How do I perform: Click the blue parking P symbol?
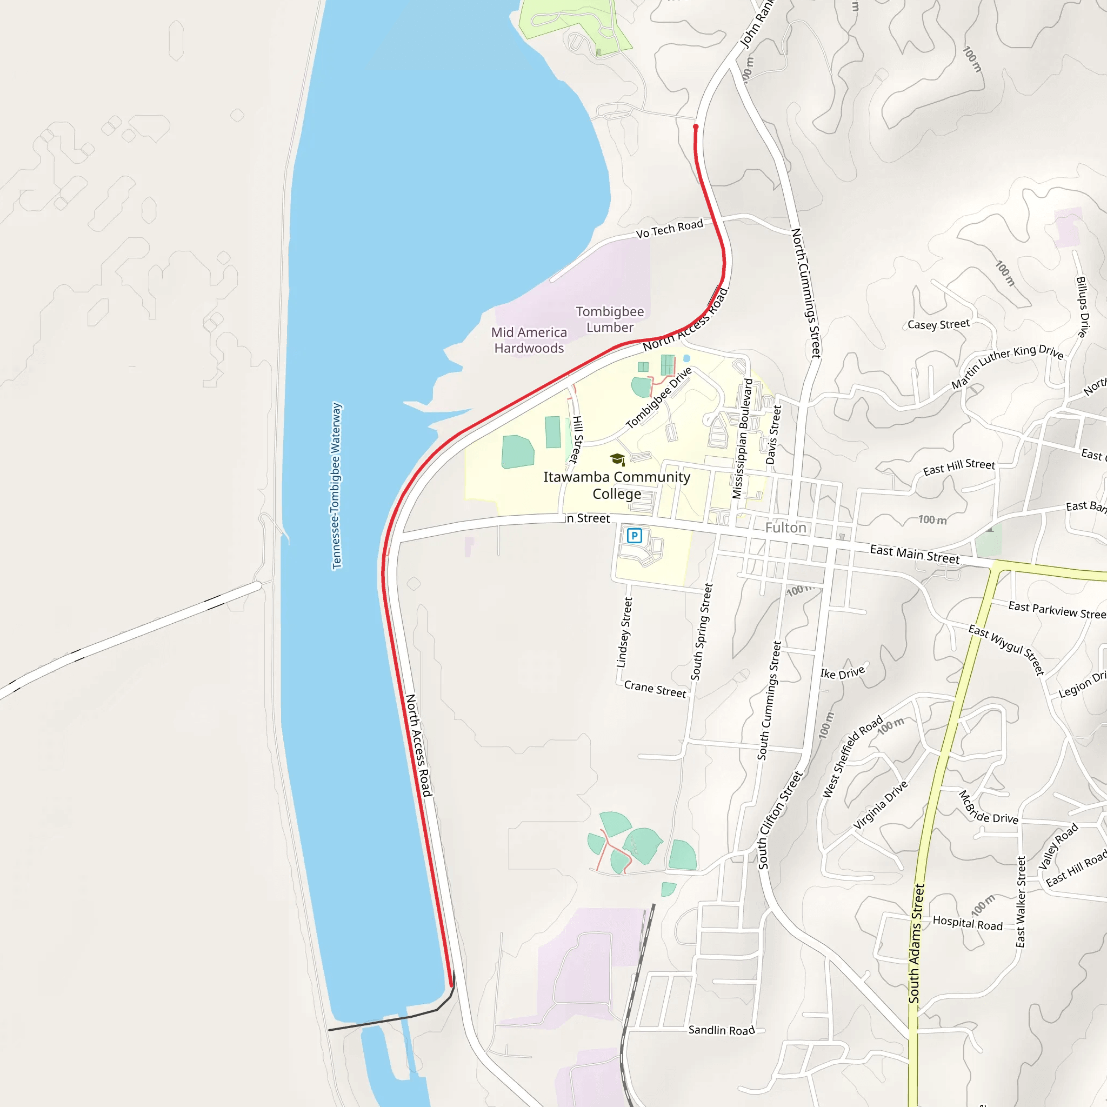[x=634, y=536]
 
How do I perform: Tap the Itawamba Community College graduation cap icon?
[x=617, y=459]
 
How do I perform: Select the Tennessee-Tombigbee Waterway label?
[x=337, y=486]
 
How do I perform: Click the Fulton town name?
[x=785, y=528]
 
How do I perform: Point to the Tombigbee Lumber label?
[x=610, y=319]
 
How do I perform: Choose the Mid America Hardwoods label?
[x=529, y=340]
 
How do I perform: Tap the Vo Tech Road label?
[x=669, y=229]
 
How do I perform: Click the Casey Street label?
[x=938, y=324]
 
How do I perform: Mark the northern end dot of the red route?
[x=696, y=126]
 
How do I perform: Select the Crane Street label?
[x=655, y=689]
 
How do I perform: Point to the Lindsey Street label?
[x=624, y=632]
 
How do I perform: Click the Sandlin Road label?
[x=722, y=1030]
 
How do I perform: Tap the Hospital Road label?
[x=968, y=923]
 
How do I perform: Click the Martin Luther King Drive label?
[x=1008, y=366]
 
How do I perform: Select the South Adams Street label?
[x=917, y=943]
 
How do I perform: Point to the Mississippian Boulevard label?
[x=742, y=438]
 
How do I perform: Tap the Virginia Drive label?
[x=881, y=805]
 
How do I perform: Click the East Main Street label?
[x=915, y=554]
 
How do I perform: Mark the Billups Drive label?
[x=1082, y=306]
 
